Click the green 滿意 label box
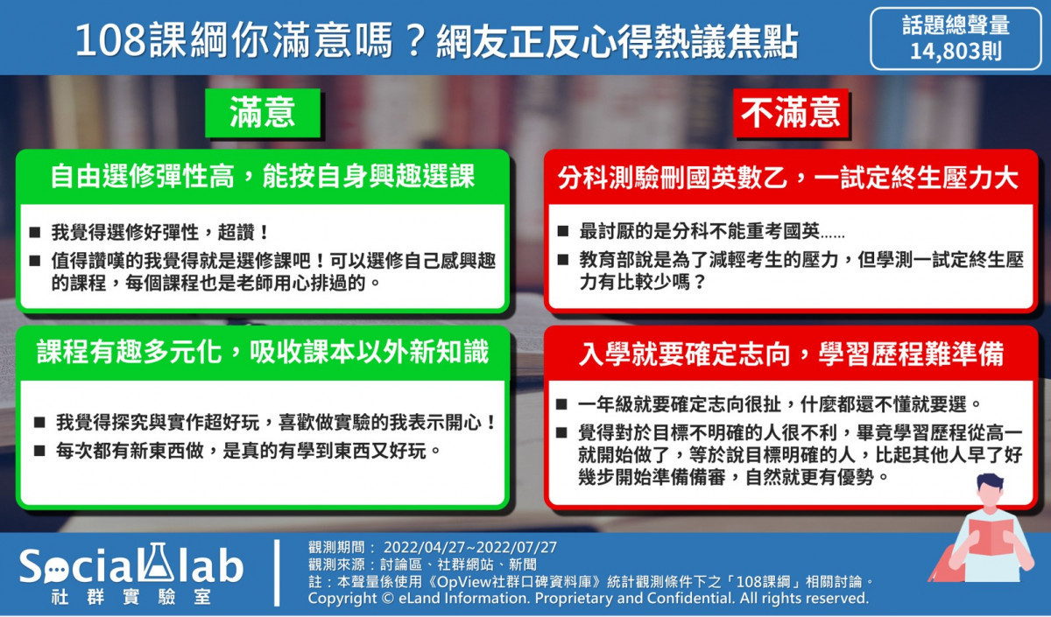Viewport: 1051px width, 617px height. tap(263, 113)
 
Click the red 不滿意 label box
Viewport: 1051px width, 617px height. tap(791, 113)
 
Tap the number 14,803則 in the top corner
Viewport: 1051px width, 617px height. tap(956, 51)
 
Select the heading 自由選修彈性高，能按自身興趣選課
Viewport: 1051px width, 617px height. tap(263, 177)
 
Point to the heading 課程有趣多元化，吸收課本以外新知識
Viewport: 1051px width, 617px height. tap(263, 353)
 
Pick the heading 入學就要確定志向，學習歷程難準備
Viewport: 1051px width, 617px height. tap(791, 354)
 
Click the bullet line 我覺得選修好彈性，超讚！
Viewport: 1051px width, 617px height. tap(159, 232)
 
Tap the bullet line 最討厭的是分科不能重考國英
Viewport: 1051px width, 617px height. tap(711, 231)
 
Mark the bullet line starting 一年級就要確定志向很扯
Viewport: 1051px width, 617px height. tap(779, 404)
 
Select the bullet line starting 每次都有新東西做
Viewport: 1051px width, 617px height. tap(248, 451)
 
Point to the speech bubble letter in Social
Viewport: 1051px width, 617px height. tap(55, 568)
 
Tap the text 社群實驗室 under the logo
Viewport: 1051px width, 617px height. tap(131, 598)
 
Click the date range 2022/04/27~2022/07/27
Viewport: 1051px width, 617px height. tap(470, 547)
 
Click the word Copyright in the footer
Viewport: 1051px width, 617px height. tap(342, 599)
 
